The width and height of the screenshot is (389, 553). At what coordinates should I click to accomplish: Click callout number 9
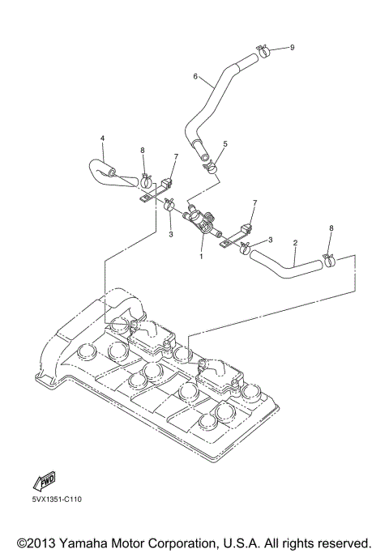(292, 48)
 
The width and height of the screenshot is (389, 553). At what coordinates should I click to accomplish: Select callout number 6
(195, 77)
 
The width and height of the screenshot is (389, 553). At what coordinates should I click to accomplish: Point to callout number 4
(102, 138)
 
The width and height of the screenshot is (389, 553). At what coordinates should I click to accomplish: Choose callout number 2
(296, 241)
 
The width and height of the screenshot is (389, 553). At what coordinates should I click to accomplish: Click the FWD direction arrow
(43, 483)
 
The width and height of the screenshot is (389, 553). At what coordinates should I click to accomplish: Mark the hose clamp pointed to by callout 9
(261, 53)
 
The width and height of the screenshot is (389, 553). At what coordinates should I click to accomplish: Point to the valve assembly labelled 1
(202, 219)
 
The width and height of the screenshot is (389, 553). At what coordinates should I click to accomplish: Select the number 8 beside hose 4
(142, 150)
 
